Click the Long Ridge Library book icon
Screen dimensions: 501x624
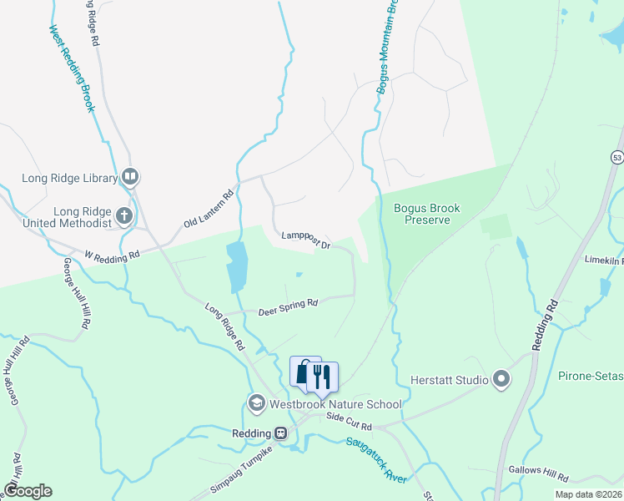(129, 176)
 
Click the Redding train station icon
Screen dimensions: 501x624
(281, 433)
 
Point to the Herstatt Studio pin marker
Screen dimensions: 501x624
(501, 380)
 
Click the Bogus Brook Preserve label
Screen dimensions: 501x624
(415, 214)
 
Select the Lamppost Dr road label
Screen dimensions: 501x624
(306, 240)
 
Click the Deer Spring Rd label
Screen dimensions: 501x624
(289, 306)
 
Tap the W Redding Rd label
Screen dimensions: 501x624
(112, 256)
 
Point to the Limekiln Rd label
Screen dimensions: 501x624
(605, 261)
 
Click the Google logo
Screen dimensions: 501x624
(28, 490)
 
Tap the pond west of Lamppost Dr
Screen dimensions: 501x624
(237, 266)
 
